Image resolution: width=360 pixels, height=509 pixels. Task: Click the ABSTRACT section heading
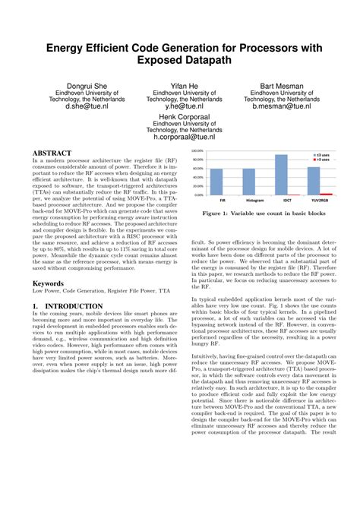[x=52, y=153]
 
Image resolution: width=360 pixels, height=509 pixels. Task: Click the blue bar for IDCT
[x=281, y=175]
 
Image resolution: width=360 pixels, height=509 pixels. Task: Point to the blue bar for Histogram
[x=248, y=182]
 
